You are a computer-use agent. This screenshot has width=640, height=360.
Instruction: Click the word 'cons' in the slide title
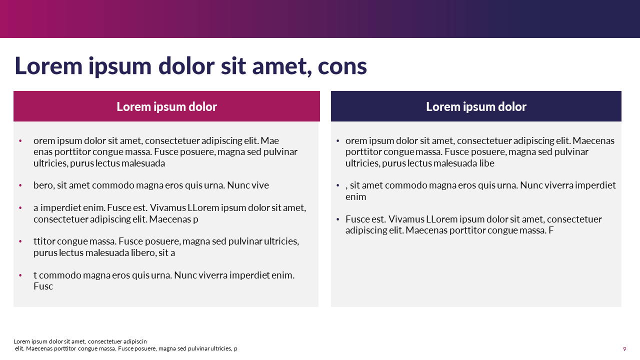(x=342, y=67)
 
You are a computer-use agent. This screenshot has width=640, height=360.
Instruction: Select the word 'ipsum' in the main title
(x=119, y=67)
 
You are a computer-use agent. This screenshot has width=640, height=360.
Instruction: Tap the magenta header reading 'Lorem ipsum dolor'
(x=166, y=106)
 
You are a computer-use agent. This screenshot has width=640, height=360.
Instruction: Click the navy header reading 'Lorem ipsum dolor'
(x=476, y=106)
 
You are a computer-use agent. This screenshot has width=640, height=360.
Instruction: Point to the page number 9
(x=624, y=349)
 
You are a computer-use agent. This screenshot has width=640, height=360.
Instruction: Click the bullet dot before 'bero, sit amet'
(x=20, y=185)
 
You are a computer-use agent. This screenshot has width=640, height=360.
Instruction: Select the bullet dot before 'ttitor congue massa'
(x=20, y=241)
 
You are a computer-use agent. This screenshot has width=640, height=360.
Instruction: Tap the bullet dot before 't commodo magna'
(x=20, y=275)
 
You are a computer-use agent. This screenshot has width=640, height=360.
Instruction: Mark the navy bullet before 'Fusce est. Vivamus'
(x=337, y=219)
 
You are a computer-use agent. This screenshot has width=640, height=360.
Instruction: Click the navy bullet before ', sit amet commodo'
(x=337, y=185)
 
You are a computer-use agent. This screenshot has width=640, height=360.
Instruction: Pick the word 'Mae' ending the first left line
(x=269, y=140)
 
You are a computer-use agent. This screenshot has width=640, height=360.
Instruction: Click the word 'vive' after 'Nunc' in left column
(x=260, y=185)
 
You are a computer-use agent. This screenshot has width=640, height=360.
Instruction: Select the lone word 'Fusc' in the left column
(x=43, y=286)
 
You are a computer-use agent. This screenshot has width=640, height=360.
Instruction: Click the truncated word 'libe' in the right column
(x=487, y=163)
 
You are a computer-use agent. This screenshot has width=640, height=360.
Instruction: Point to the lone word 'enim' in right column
(x=355, y=197)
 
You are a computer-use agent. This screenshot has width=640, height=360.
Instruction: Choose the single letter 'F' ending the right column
(x=551, y=230)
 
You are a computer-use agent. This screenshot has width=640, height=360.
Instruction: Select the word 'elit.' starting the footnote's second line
(x=19, y=348)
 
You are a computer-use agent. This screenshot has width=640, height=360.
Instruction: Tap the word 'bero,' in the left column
(x=43, y=185)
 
